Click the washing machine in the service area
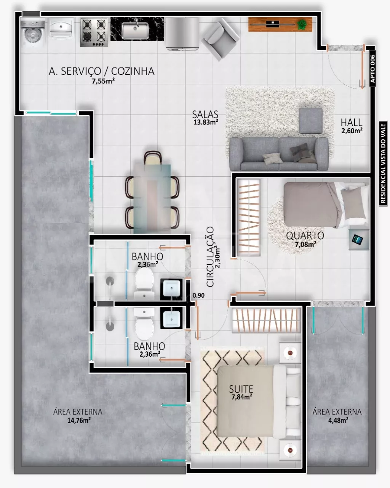tap(33, 32)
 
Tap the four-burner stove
tap(94, 33)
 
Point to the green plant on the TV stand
tap(302, 24)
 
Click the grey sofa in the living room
tap(279, 154)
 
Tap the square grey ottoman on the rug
tap(311, 121)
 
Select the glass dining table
tap(152, 199)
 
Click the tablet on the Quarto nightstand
tap(357, 239)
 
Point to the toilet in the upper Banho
tap(144, 283)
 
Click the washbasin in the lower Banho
tap(171, 318)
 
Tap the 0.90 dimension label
tap(198, 295)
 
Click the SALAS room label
tap(205, 114)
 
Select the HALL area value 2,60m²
tap(352, 130)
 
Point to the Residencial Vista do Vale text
tap(383, 163)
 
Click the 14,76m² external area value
tap(79, 420)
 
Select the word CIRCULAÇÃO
tap(210, 257)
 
